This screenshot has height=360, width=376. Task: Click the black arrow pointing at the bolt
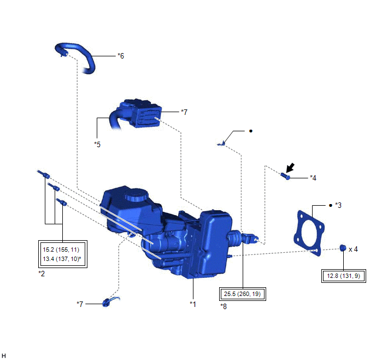[290, 167]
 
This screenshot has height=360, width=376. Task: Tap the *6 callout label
[121, 56]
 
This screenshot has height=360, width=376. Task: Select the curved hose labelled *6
[76, 57]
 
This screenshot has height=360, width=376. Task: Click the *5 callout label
[97, 144]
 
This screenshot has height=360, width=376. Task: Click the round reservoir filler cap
[136, 194]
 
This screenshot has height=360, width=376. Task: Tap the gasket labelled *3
[309, 233]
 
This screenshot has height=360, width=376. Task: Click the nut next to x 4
[343, 248]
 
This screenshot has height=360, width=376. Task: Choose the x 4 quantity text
[353, 249]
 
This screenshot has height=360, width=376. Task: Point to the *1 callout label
[193, 304]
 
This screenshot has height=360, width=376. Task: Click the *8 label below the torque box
[224, 306]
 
